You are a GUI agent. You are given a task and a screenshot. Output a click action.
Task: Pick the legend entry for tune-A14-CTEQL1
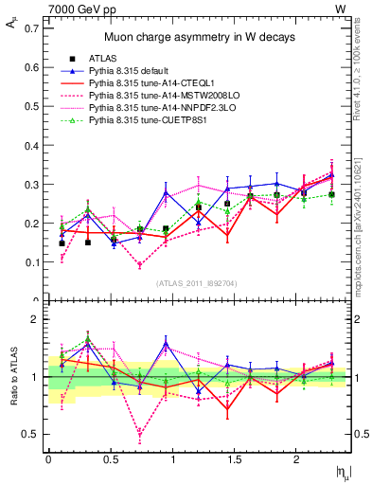point(148,84)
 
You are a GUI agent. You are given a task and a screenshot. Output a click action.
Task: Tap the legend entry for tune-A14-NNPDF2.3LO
point(155,109)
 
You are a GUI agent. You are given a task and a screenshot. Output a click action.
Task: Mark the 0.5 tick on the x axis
point(111,459)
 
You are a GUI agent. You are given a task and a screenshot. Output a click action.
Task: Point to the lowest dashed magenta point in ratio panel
point(140,437)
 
